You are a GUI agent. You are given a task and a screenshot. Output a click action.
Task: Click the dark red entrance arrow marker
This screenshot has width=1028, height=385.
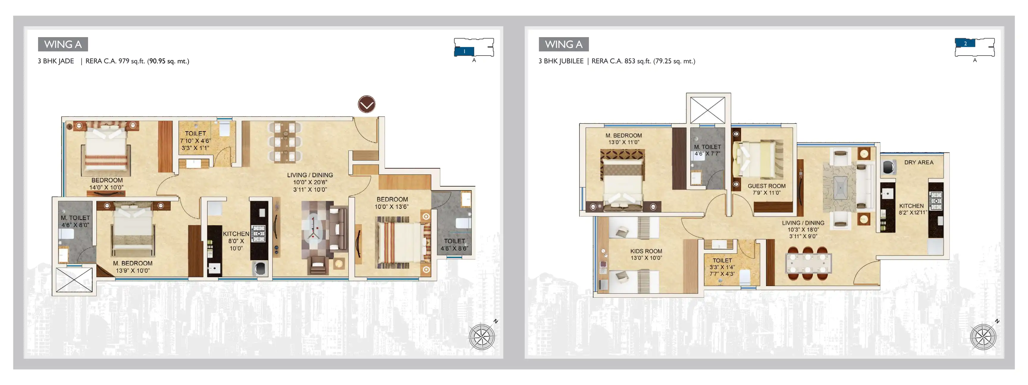tap(366, 105)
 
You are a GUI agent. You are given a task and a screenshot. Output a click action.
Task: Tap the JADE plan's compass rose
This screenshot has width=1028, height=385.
tap(482, 337)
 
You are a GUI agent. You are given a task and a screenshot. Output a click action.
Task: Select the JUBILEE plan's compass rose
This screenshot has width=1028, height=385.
tap(983, 337)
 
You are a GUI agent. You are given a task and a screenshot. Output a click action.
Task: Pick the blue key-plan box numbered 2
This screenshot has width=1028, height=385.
tap(965, 43)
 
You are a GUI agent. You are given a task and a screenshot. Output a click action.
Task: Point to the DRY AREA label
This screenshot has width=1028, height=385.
tap(919, 162)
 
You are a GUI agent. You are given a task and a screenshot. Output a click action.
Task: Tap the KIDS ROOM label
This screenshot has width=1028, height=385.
tap(646, 251)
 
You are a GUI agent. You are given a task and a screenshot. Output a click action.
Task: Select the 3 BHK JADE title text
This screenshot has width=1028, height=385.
tap(56, 61)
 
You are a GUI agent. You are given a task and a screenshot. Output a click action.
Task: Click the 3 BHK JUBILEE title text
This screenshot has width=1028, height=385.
tap(561, 61)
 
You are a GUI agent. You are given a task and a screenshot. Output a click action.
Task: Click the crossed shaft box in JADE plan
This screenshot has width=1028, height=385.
tap(74, 280)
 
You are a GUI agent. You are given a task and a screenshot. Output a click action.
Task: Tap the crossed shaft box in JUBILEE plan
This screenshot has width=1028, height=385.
tap(708, 110)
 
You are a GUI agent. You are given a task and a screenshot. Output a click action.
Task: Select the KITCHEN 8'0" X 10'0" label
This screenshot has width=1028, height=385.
tap(236, 241)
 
